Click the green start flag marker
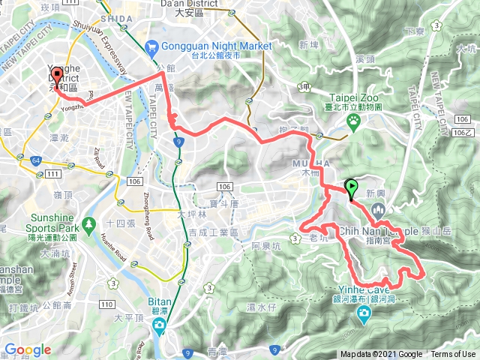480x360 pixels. [x=349, y=188]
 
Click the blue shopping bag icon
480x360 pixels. [x=153, y=46]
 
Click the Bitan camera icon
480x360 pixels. [x=159, y=324]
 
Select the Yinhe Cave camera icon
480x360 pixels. [x=364, y=315]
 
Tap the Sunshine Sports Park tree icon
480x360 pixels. [x=88, y=223]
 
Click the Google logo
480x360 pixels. [x=28, y=349]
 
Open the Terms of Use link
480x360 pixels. [x=452, y=355]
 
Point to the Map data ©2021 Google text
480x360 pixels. [x=381, y=355]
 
